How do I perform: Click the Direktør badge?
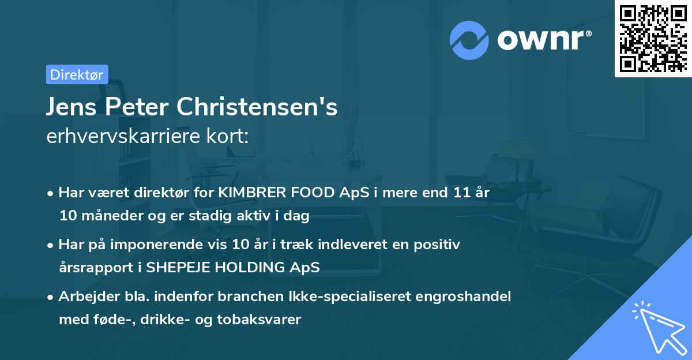[x=77, y=74]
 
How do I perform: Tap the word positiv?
[x=439, y=245]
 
